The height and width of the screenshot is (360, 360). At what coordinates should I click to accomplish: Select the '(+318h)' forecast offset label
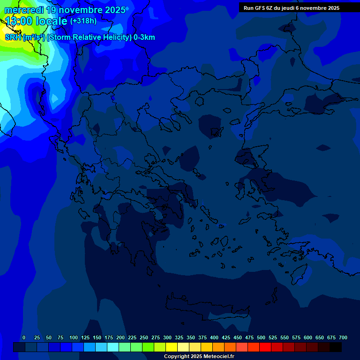pos(83,21)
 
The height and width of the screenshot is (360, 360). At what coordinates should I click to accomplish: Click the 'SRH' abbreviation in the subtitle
pos(13,37)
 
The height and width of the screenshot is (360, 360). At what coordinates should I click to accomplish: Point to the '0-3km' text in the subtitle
pos(144,37)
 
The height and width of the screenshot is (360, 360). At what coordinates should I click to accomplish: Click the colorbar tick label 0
pos(24,337)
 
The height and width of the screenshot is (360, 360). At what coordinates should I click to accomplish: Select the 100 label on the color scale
pos(74,337)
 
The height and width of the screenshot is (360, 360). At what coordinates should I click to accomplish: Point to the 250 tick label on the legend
pos(144,337)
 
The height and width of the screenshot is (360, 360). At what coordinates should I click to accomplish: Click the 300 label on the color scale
pos(167,337)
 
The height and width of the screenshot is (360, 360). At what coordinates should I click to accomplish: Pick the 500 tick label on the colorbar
pos(261,337)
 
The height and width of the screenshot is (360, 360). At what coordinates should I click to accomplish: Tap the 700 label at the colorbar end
pos(343,337)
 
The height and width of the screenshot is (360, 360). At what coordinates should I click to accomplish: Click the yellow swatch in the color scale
pos(172,347)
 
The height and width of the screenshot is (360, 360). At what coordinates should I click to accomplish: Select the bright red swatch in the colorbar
pos(265,347)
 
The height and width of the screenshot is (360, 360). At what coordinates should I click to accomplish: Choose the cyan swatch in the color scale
pos(113,347)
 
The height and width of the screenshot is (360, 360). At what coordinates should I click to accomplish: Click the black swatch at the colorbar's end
pos(336,347)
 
